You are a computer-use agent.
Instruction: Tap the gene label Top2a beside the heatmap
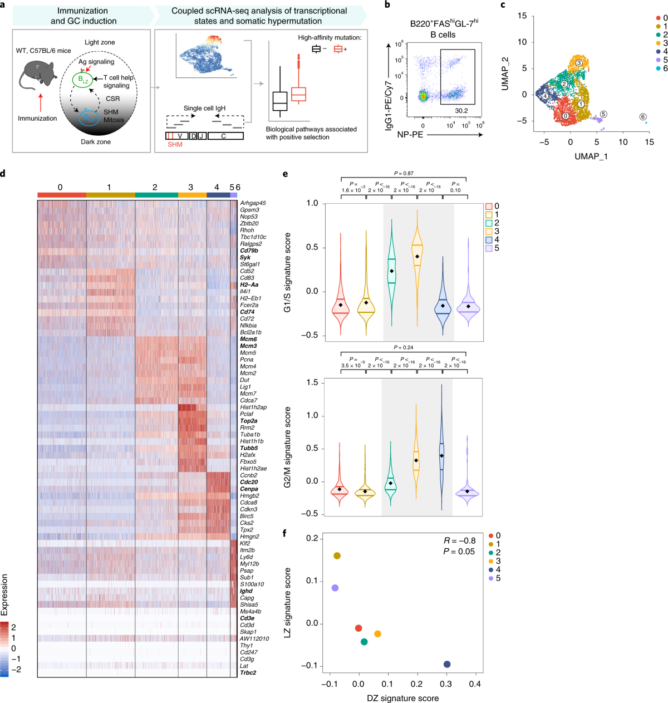tap(248, 421)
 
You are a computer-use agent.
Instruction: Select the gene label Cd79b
tap(249, 250)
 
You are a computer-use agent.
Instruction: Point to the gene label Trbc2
tap(248, 672)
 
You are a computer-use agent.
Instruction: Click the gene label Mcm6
tap(248, 339)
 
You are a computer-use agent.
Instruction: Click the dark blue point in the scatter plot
tap(447, 664)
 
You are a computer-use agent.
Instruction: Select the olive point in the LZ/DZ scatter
tap(337, 556)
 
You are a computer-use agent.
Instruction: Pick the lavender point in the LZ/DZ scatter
tap(335, 588)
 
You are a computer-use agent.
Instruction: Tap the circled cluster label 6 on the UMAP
tap(643, 117)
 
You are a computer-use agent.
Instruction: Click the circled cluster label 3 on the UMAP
tap(579, 63)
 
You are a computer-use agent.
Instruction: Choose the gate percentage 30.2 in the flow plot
tap(461, 111)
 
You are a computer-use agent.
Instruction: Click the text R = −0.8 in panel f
tap(459, 540)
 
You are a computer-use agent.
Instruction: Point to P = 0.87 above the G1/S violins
tap(404, 174)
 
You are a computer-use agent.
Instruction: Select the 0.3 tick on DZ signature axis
tap(446, 684)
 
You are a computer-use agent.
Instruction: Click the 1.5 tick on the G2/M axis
tap(312, 383)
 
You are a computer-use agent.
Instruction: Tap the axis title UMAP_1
tap(591, 156)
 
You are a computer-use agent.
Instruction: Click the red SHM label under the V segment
tap(175, 145)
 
